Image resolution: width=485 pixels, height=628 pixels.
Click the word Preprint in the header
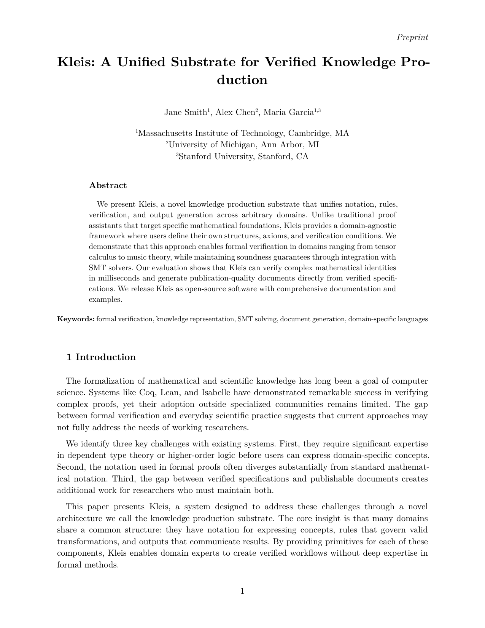(412, 37)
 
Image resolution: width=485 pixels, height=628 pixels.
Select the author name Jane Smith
(185, 112)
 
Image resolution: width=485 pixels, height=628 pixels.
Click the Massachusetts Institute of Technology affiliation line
(243, 133)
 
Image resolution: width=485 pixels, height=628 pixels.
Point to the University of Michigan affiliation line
(243, 145)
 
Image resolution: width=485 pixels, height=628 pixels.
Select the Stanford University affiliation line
(243, 156)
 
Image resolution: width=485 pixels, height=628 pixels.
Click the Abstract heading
(108, 185)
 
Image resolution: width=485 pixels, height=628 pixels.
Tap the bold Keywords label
(76, 319)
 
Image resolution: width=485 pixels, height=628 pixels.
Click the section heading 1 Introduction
(101, 357)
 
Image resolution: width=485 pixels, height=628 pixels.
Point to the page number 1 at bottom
(242, 591)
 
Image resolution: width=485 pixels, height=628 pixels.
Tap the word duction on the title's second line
(242, 80)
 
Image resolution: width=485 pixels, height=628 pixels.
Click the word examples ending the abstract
(105, 300)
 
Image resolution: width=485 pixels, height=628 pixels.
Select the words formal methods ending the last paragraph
(87, 565)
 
